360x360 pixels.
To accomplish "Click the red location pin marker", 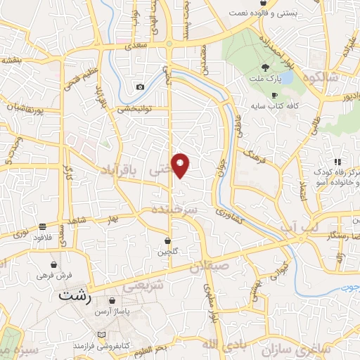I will pyautogui.click(x=181, y=165).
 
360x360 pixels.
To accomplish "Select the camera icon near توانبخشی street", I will pyautogui.click(x=141, y=86).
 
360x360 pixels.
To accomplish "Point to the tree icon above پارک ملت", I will pyautogui.click(x=265, y=67).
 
